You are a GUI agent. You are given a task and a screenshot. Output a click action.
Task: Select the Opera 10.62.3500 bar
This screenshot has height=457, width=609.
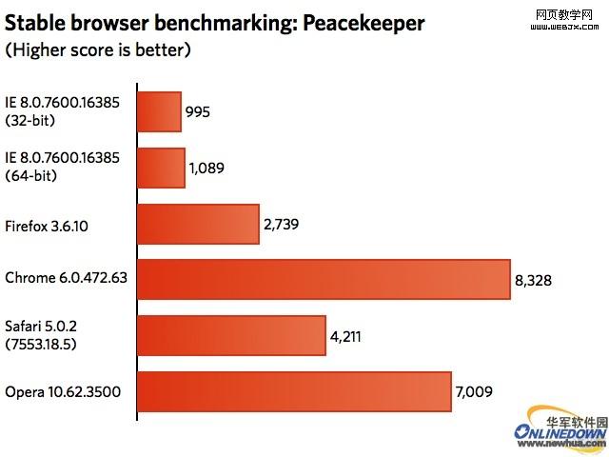click(294, 392)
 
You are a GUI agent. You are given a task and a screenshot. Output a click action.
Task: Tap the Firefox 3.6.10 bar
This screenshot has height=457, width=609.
click(199, 224)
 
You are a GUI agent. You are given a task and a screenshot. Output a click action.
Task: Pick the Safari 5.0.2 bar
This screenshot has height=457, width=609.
click(232, 336)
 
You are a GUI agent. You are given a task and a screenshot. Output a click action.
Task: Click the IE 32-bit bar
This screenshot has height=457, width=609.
click(160, 112)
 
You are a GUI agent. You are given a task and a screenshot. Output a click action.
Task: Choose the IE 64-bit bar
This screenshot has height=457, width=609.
click(162, 168)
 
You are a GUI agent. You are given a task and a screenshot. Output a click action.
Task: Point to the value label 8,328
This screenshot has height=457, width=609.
click(534, 281)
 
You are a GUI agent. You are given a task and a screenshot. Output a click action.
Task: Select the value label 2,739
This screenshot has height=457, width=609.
click(282, 225)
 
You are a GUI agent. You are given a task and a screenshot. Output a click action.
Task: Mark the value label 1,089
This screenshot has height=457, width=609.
click(208, 169)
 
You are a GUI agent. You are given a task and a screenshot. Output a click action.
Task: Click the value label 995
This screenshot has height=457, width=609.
click(198, 112)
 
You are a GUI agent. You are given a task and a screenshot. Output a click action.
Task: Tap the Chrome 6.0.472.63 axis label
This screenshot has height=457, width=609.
click(67, 280)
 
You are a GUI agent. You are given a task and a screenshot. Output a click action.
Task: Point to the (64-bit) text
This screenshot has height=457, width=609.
click(30, 175)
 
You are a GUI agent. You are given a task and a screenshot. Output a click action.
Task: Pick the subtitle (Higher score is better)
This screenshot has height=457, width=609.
click(98, 49)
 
